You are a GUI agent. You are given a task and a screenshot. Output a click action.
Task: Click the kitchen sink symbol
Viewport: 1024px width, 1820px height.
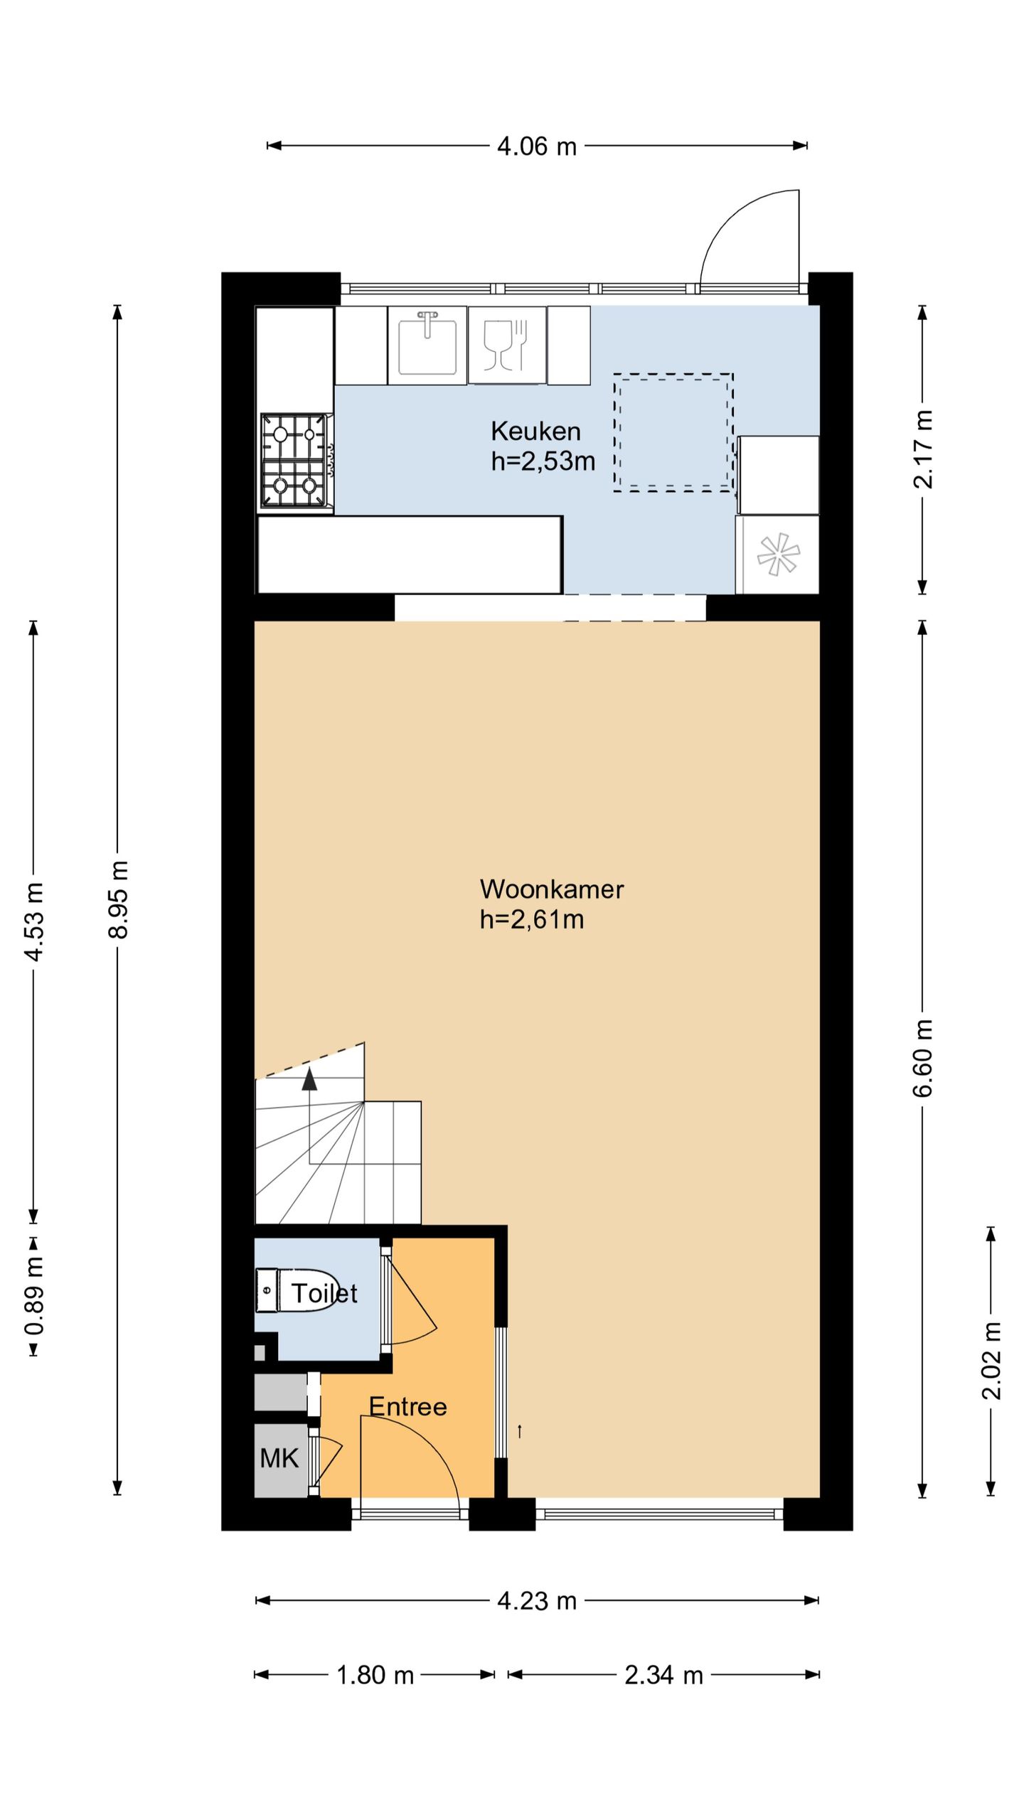click(427, 345)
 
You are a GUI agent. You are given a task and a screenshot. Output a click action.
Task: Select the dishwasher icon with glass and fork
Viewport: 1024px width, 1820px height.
click(507, 345)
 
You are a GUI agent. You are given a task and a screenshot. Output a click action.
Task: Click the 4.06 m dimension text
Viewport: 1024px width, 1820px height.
click(537, 146)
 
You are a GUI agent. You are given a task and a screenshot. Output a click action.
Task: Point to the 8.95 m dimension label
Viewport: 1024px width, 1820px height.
click(119, 899)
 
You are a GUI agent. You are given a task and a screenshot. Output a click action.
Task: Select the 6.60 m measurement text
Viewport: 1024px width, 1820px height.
click(923, 1058)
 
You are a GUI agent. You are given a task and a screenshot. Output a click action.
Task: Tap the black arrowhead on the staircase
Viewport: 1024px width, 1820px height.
click(309, 1078)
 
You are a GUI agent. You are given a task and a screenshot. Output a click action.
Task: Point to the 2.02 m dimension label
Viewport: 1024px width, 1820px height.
click(991, 1361)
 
